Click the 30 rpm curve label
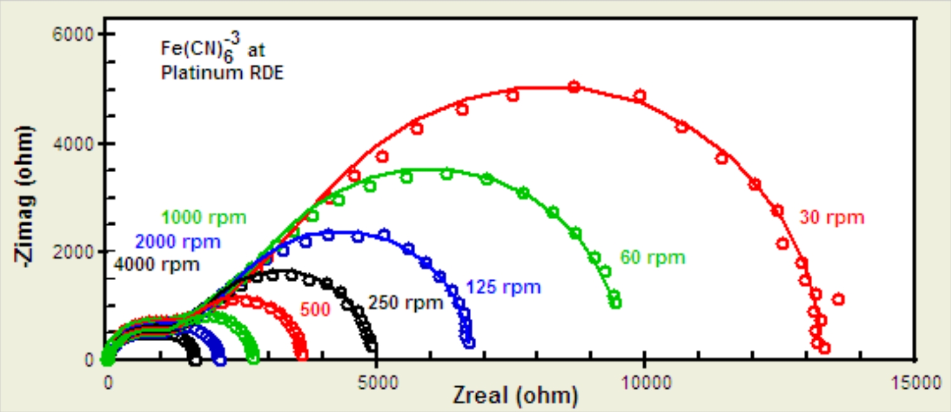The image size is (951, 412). (x=832, y=219)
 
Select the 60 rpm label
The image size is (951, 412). (x=653, y=257)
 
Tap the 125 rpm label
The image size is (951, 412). (x=503, y=288)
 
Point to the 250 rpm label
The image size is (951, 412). (x=406, y=303)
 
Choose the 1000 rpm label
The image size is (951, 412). (x=204, y=219)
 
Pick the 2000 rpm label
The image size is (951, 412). (x=177, y=242)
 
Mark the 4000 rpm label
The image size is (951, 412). (x=156, y=264)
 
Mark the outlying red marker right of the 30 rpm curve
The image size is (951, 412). (x=838, y=300)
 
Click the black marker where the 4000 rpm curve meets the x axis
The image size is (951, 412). (x=195, y=360)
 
